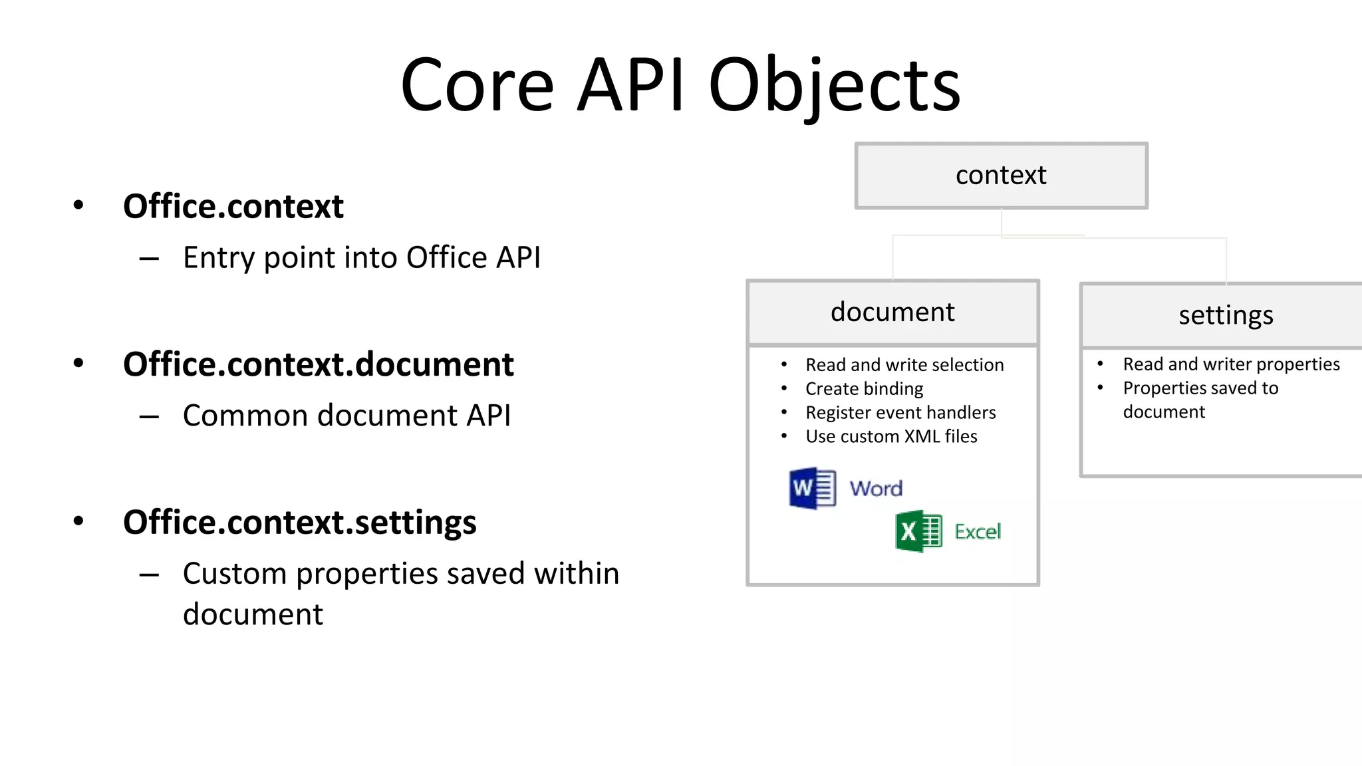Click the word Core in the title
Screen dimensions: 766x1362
(477, 85)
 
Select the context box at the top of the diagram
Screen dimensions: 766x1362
(1001, 176)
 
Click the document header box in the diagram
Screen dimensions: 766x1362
(892, 313)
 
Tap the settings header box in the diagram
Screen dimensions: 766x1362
(1225, 315)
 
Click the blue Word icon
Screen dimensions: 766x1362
(812, 489)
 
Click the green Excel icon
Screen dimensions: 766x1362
(918, 531)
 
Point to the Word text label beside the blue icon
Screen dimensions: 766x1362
(876, 489)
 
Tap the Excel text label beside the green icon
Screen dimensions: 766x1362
(978, 531)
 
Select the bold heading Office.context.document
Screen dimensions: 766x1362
(318, 364)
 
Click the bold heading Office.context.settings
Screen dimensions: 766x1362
(299, 522)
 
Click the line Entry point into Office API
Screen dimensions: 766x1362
(362, 258)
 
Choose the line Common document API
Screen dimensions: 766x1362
(346, 416)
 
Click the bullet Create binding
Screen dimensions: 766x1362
(864, 388)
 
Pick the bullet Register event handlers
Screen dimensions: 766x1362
(900, 412)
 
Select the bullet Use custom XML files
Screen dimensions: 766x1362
(891, 436)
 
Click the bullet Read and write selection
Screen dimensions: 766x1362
(904, 364)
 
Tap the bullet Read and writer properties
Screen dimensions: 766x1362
(1231, 364)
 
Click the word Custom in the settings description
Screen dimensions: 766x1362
(234, 573)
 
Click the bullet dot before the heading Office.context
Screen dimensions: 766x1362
(78, 205)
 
